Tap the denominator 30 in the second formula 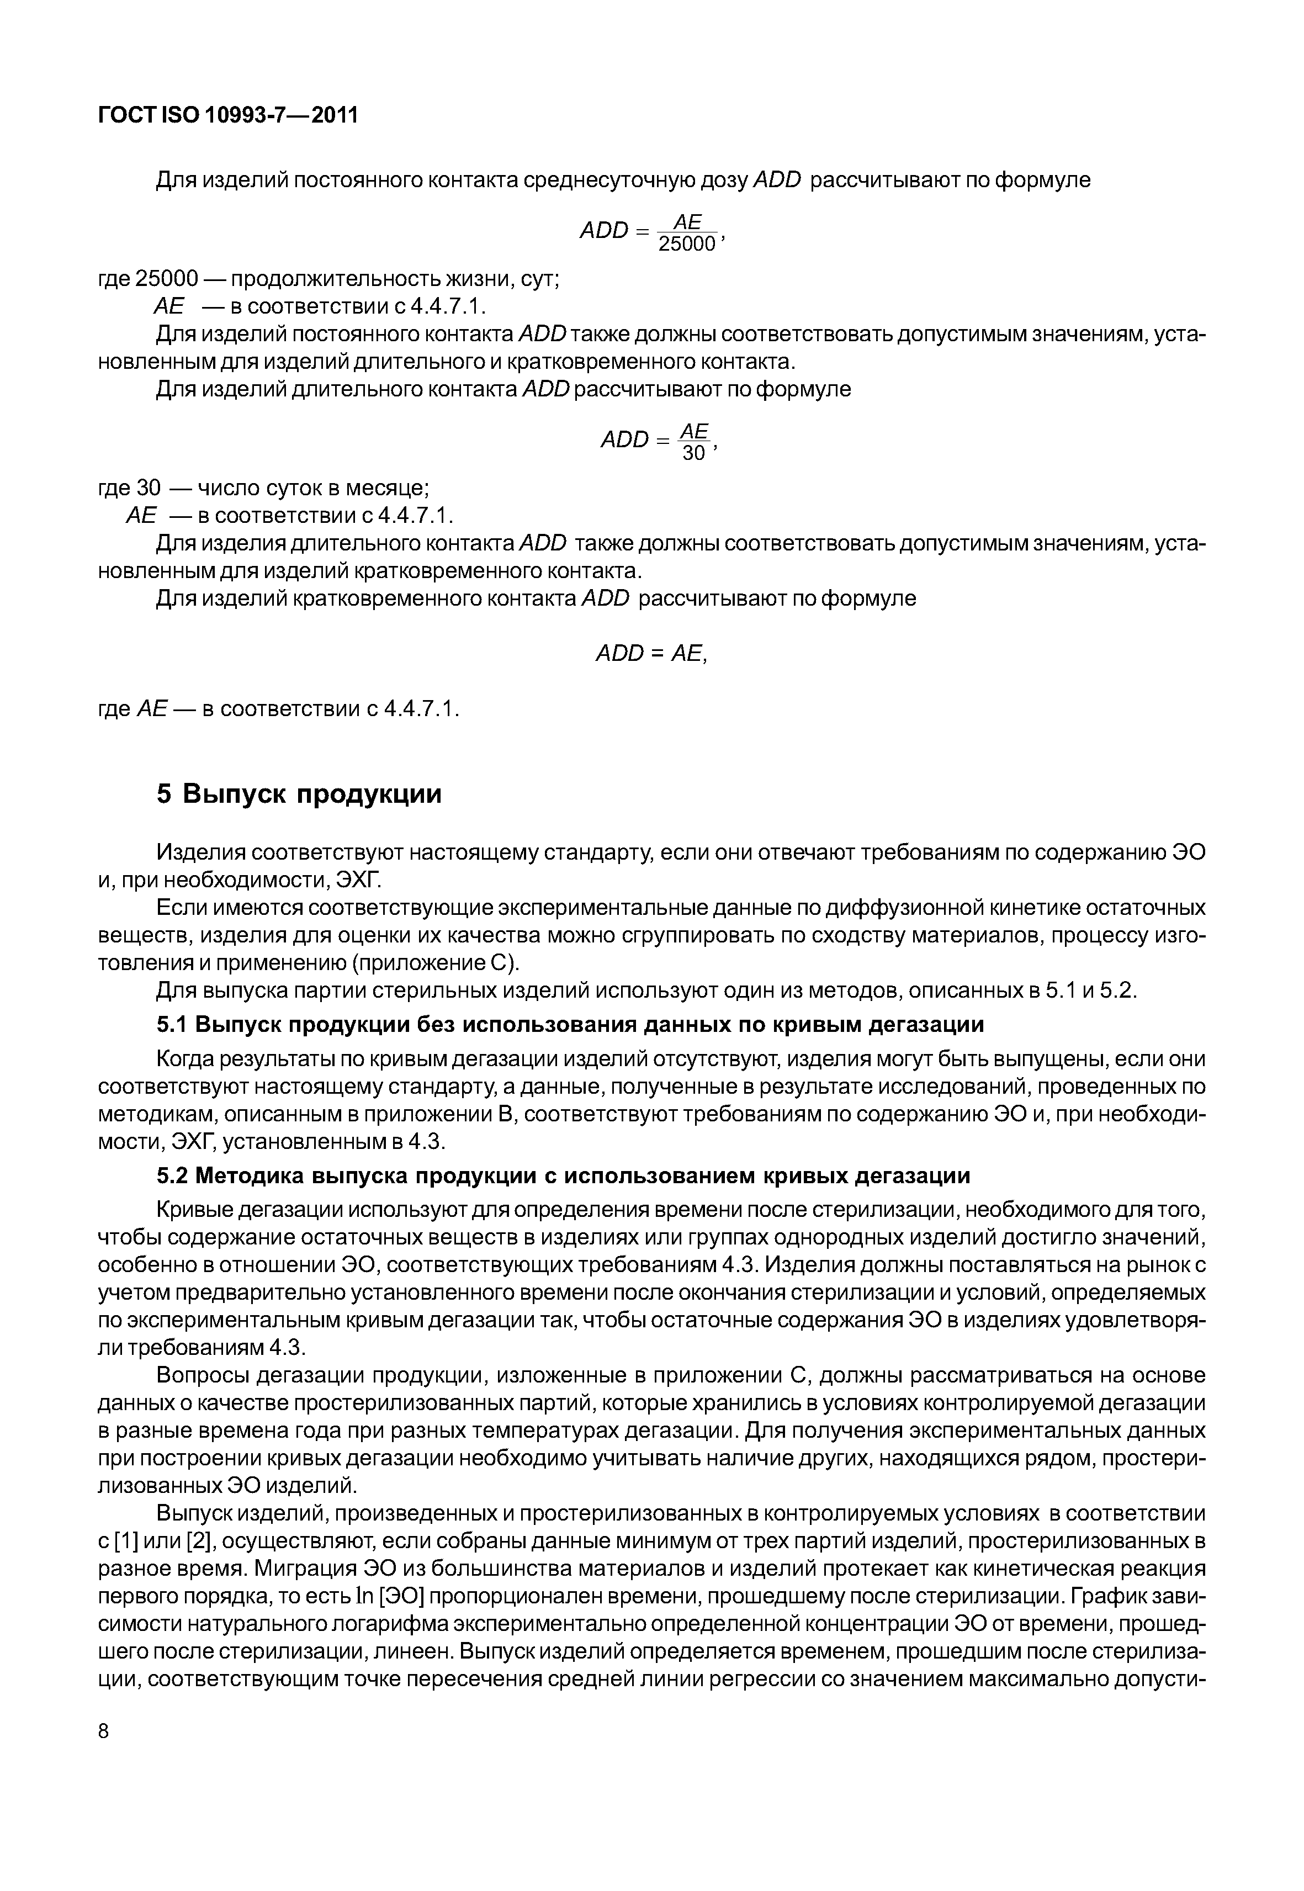coord(693,453)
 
